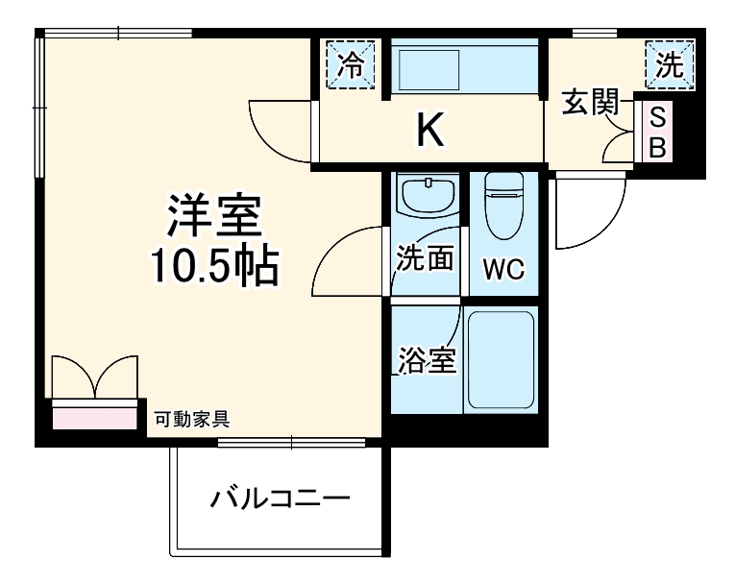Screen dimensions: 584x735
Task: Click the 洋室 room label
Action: click(215, 217)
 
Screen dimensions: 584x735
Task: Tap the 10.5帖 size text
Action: click(213, 269)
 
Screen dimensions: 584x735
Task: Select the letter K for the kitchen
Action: click(430, 131)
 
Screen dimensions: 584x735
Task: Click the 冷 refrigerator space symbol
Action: click(352, 65)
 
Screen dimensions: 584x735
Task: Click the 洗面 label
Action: click(426, 259)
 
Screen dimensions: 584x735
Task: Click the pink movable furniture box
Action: click(94, 417)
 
